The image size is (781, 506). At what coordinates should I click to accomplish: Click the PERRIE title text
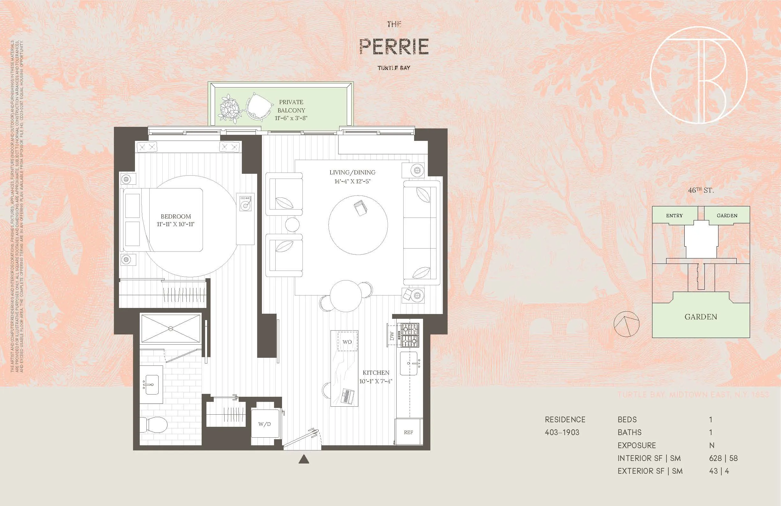pyautogui.click(x=394, y=46)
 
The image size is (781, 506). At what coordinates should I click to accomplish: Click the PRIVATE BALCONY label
pyautogui.click(x=291, y=106)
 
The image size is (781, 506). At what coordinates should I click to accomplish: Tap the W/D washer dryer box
pyautogui.click(x=265, y=424)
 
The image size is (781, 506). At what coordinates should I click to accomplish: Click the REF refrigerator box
pyautogui.click(x=408, y=433)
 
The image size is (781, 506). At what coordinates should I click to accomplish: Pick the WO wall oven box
pyautogui.click(x=347, y=342)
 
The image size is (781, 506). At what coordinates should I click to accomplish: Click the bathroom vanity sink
pyautogui.click(x=151, y=385)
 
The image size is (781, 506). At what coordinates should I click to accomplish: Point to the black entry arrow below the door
pyautogui.click(x=304, y=459)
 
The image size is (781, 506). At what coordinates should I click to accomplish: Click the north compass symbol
pyautogui.click(x=627, y=324)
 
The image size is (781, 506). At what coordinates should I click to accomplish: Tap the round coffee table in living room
pyautogui.click(x=358, y=225)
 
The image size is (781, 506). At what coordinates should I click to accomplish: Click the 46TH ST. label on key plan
pyautogui.click(x=701, y=190)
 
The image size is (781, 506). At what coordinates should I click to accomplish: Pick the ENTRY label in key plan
pyautogui.click(x=674, y=216)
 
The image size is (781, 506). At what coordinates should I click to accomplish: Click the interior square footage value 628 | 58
pyautogui.click(x=723, y=458)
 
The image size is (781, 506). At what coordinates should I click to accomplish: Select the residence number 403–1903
pyautogui.click(x=562, y=433)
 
